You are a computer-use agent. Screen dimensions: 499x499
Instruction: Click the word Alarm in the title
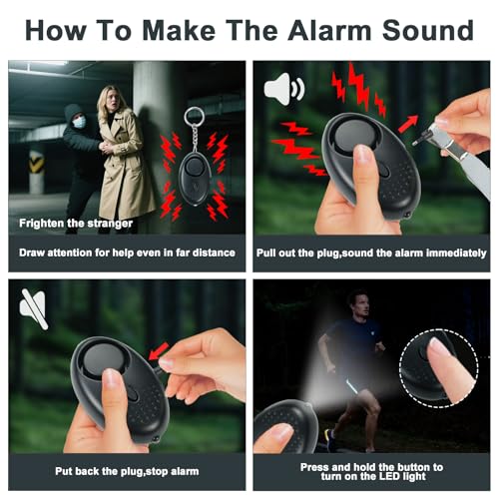330,30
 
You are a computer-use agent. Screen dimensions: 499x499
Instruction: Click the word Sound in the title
428,30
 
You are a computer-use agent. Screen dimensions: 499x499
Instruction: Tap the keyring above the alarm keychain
195,116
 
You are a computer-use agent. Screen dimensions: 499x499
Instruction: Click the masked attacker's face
79,121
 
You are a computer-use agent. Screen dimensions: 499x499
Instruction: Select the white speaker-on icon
284,89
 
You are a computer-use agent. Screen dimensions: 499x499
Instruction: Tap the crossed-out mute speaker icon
33,308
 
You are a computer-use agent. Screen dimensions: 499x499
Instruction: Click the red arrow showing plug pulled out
408,124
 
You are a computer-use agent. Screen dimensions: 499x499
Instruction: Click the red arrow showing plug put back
159,351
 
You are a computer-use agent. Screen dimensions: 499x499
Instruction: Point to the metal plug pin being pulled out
421,139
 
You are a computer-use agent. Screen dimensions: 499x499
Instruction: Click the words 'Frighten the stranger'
76,224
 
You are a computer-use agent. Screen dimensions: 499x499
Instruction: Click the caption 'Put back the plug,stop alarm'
127,471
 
